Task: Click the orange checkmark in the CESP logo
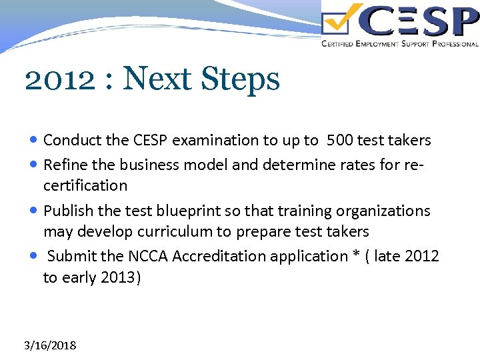[343, 19]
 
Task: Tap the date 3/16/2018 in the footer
[50, 345]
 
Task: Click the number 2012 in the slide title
[59, 79]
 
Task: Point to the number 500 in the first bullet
[340, 140]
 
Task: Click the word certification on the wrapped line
[85, 185]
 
